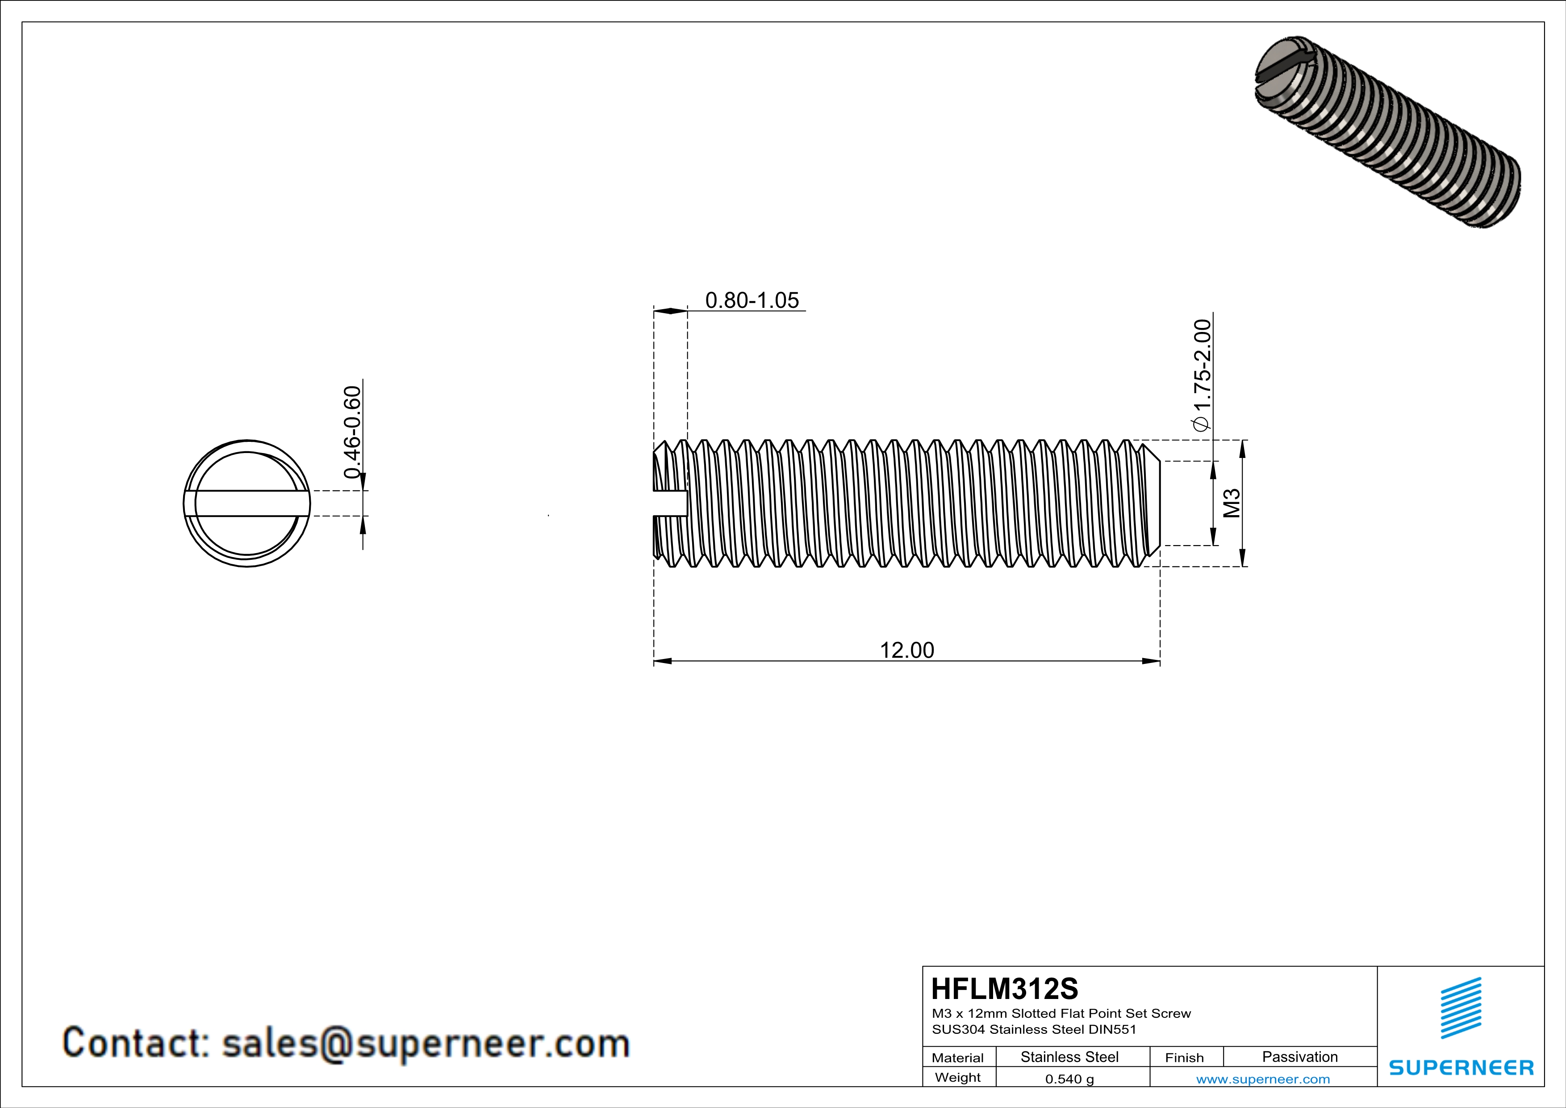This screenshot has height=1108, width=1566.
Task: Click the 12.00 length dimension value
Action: pos(906,650)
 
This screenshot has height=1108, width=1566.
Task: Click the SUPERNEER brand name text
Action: pos(1461,1068)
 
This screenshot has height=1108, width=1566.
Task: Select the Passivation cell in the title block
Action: pos(1299,1057)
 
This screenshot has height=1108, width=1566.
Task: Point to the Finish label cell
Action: pos(1184,1058)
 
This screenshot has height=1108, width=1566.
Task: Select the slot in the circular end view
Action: pos(247,504)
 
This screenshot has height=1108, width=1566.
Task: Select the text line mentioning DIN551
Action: pos(1034,1029)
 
